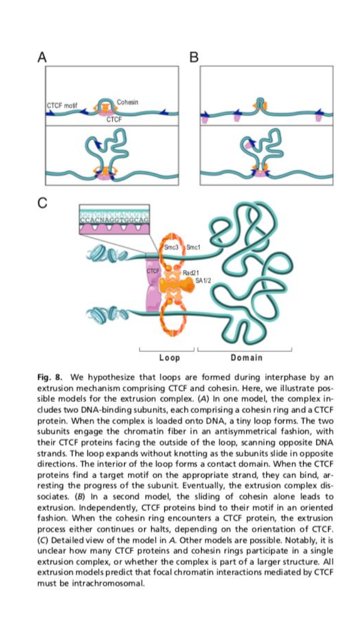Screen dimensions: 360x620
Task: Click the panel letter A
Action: click(43, 57)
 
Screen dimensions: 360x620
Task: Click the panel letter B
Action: click(194, 57)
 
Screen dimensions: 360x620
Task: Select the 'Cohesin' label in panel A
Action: click(128, 102)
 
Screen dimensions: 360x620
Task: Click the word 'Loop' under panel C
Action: click(169, 358)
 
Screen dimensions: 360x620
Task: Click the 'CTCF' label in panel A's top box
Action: click(114, 119)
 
